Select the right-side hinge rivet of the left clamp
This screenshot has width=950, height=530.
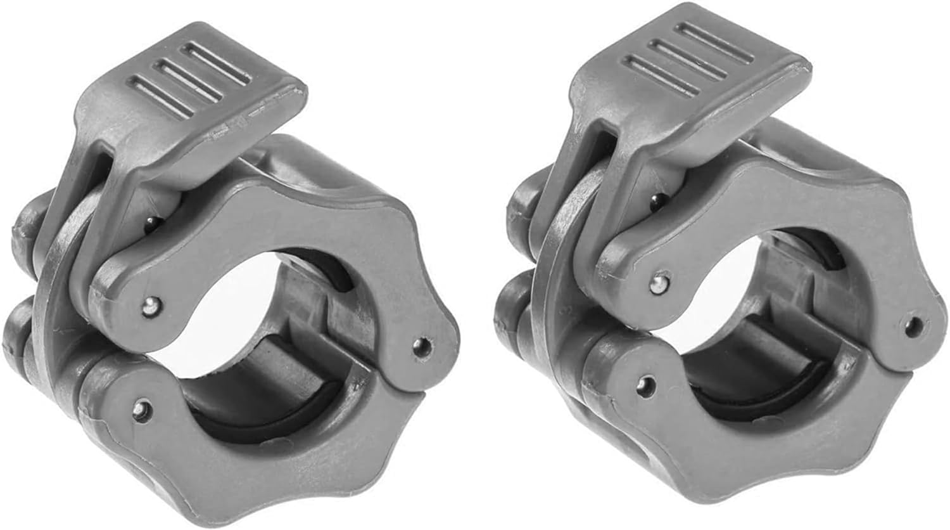click(x=419, y=346)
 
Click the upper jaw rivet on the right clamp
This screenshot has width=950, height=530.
click(x=659, y=281)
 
